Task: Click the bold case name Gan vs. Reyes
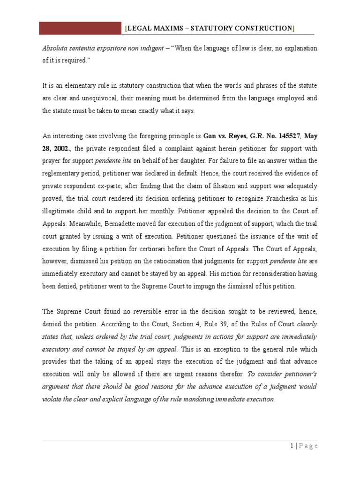click(226, 136)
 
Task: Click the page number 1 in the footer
click(291, 446)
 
